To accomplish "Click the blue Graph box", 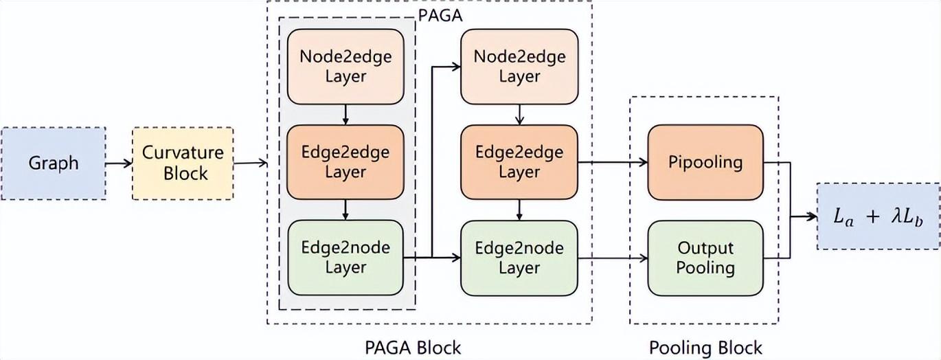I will [54, 164].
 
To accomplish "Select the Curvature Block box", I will [183, 164].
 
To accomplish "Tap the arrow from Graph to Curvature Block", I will [119, 164].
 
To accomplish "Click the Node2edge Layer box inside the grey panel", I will [345, 66].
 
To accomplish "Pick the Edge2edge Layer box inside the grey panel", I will [345, 162].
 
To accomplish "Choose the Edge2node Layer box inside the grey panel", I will [345, 258].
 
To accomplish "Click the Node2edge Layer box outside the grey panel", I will [519, 66].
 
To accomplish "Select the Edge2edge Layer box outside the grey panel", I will [519, 162].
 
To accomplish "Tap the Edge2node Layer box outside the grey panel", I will [519, 258].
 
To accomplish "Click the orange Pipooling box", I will [705, 163].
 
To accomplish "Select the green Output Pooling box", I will [705, 258].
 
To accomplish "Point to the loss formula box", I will [878, 216].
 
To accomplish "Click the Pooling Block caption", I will [705, 347].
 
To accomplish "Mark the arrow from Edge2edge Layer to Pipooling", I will [613, 163].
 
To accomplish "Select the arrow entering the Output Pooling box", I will [613, 258].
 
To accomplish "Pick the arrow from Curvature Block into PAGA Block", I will [250, 164].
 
